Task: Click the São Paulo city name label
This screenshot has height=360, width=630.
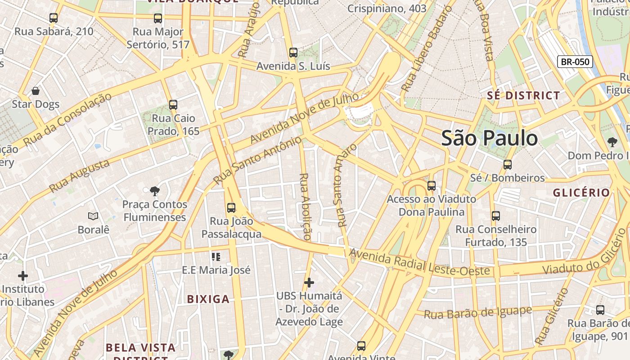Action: click(490, 138)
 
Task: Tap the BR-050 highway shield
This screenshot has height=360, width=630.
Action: click(575, 62)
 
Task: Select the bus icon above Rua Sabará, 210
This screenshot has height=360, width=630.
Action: click(54, 18)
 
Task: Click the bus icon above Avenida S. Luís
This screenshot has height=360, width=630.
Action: click(293, 53)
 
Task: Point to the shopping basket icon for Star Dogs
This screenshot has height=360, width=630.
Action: click(36, 91)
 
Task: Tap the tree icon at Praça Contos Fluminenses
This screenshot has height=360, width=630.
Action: click(155, 191)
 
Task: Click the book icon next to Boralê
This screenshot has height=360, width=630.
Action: click(93, 216)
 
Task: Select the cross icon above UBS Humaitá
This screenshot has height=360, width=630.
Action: click(309, 283)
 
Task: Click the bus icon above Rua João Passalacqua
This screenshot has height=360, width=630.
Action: click(231, 208)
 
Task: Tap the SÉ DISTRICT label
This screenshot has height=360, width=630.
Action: click(523, 95)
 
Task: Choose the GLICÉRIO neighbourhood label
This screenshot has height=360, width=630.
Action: click(581, 193)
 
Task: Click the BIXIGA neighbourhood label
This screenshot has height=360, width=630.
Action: click(208, 299)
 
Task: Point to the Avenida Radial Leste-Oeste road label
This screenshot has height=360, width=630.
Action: click(419, 263)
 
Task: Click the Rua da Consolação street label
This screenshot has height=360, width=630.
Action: click(67, 120)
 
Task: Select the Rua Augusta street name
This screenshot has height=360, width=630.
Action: click(79, 176)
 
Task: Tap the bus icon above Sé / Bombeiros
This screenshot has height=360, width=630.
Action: click(508, 165)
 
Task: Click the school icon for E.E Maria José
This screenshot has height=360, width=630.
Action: click(216, 257)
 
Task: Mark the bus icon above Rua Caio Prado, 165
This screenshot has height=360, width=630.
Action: click(173, 105)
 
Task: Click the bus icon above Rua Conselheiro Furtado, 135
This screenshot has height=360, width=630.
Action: click(496, 216)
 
